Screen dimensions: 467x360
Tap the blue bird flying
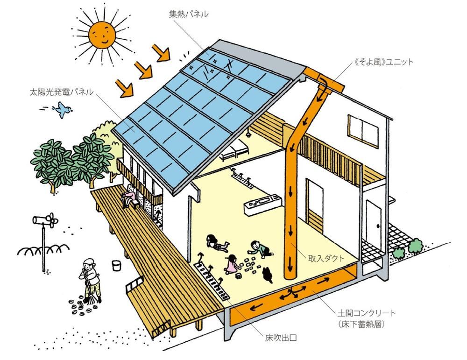point(62,110)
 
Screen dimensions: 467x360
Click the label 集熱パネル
point(189,14)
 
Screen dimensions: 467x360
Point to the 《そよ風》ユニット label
point(382,62)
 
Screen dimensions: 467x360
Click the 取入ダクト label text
point(326,258)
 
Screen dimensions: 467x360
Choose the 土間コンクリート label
point(366,313)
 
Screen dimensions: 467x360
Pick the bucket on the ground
point(116,265)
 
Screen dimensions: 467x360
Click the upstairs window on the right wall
point(363,131)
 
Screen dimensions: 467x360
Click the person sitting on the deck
point(130,196)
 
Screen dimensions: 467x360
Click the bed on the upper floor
point(234,151)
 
